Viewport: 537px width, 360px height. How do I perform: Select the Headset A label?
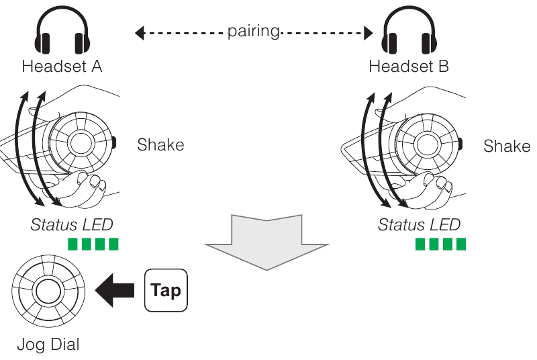(62, 66)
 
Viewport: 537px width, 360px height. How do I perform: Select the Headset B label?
(409, 66)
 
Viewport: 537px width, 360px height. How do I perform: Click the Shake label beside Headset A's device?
(160, 144)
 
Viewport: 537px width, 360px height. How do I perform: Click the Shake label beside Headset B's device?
(507, 146)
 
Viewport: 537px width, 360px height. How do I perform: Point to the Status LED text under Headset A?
(72, 224)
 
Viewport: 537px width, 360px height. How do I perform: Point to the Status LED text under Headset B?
(419, 224)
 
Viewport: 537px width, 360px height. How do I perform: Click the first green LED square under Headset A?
(72, 243)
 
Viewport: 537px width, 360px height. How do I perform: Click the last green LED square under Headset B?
(460, 243)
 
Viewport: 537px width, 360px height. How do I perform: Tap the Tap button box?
(166, 291)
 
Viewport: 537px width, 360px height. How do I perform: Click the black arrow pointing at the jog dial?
(116, 291)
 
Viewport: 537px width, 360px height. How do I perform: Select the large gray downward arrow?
(268, 242)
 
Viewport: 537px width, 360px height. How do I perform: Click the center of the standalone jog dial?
(48, 291)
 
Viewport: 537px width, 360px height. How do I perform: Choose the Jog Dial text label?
(48, 346)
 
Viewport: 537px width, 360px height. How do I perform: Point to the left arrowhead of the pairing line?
(139, 32)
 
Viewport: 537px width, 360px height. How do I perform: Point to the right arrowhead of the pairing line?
(368, 32)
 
